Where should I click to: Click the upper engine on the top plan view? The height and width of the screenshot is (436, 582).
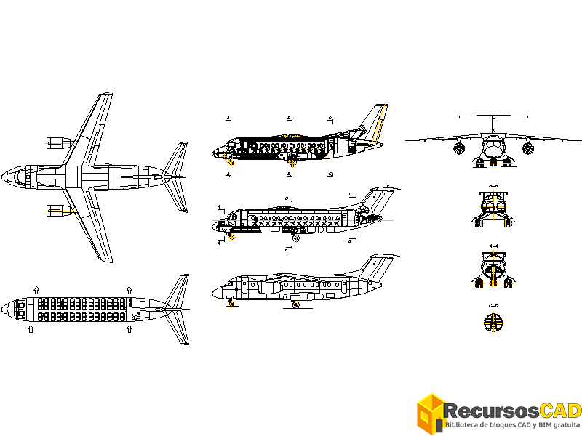click(x=57, y=142)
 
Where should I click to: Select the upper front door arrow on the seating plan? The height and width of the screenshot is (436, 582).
click(x=36, y=289)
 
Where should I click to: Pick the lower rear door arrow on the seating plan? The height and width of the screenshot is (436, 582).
click(x=129, y=329)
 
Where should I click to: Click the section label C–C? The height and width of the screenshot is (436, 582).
click(x=493, y=305)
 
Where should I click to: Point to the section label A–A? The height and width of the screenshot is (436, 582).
click(x=493, y=246)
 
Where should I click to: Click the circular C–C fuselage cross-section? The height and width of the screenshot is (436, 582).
click(x=493, y=321)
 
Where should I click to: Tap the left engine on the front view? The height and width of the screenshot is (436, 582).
click(x=459, y=148)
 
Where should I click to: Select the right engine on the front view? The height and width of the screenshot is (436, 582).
click(x=527, y=148)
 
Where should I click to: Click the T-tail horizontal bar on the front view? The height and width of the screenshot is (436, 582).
click(x=493, y=116)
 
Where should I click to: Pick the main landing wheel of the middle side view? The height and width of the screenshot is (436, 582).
click(x=295, y=238)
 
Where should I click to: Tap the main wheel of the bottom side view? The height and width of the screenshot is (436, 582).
click(x=296, y=305)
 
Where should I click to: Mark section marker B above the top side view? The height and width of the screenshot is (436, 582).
click(x=289, y=118)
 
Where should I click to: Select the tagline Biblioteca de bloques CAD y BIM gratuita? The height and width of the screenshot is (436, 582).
click(x=513, y=424)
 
